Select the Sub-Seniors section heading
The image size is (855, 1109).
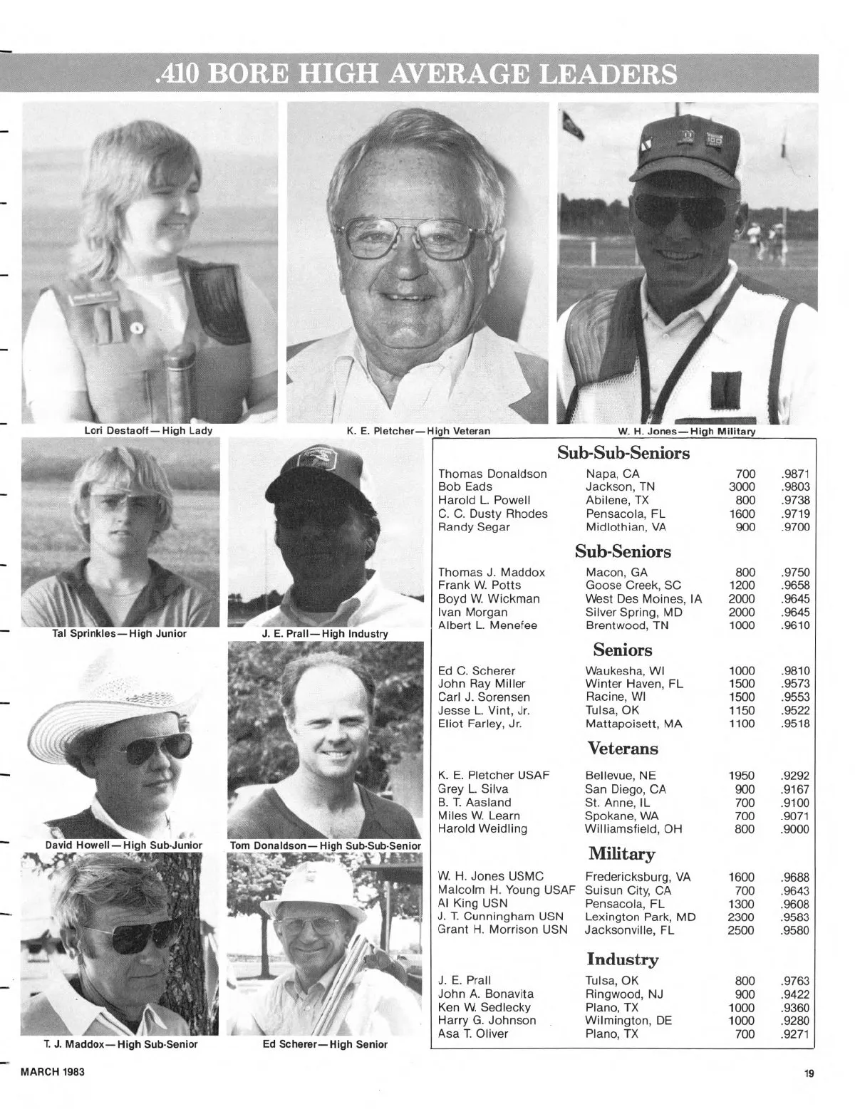[x=623, y=552]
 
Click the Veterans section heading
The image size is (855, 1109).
[x=623, y=749]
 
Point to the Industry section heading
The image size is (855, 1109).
[x=623, y=959]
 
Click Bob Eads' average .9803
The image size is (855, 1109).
[x=795, y=487]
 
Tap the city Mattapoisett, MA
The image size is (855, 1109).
[x=633, y=724]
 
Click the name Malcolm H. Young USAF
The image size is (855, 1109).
[x=506, y=890]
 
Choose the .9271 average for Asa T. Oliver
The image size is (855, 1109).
[x=795, y=1034]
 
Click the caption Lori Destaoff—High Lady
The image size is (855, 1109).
[x=149, y=431]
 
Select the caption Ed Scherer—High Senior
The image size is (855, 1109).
[x=325, y=1044]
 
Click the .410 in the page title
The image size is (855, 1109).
[x=175, y=73]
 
